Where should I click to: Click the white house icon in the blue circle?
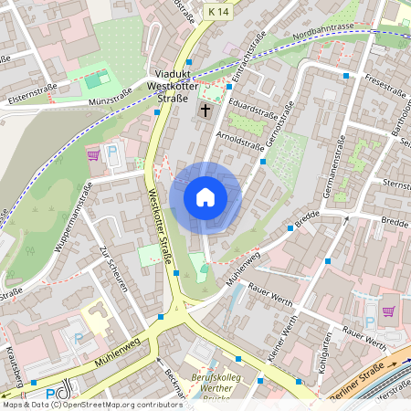coord(205,197)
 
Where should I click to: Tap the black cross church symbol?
coord(205,110)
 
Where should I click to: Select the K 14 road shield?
coord(217,11)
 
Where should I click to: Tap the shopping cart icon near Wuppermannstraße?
coord(93,154)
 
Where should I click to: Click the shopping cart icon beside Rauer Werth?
coord(389,311)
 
